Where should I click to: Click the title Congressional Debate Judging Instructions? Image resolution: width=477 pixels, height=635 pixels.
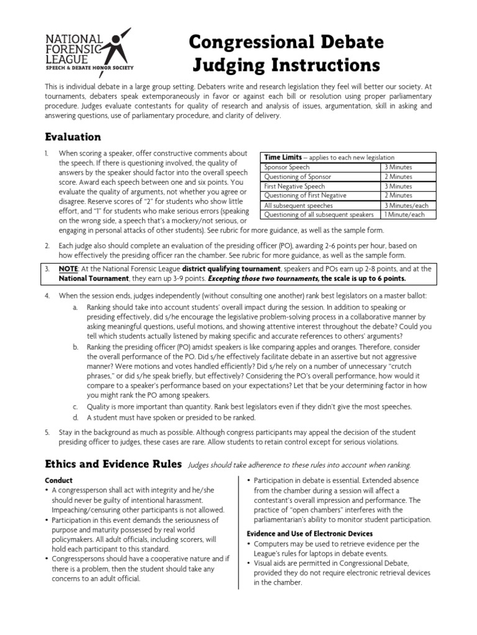tap(286, 53)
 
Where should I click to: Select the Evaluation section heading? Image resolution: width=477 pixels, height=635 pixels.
tap(73, 136)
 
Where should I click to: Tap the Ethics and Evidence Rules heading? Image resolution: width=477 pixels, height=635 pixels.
tap(113, 464)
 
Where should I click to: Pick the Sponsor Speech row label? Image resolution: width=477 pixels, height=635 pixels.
tap(287, 167)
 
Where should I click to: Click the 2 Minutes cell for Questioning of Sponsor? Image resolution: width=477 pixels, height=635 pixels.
tap(397, 177)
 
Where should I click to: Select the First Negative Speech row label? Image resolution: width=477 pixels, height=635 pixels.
tap(294, 186)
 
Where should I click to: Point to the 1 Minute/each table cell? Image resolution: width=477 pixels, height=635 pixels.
tap(404, 215)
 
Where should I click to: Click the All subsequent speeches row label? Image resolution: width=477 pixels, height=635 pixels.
tap(298, 205)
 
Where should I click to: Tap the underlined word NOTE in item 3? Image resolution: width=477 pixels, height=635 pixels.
tap(68, 269)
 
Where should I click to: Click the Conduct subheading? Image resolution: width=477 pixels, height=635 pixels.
tap(59, 481)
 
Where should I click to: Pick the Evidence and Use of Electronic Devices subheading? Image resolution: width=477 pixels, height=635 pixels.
tap(309, 533)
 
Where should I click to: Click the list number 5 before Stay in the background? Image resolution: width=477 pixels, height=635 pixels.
tap(47, 432)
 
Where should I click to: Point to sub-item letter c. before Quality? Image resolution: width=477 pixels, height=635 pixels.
tap(75, 406)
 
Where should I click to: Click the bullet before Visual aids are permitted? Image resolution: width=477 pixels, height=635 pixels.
tap(249, 563)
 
